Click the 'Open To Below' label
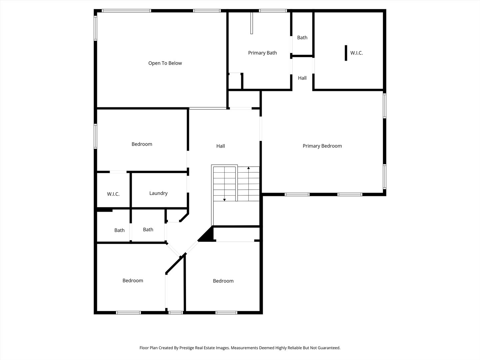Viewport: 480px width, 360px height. pyautogui.click(x=165, y=63)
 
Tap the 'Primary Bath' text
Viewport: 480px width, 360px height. pyautogui.click(x=262, y=53)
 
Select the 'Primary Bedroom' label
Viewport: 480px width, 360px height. pyautogui.click(x=322, y=146)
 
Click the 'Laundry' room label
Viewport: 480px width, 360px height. pyautogui.click(x=158, y=193)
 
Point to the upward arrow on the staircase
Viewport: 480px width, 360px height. pyautogui.click(x=248, y=168)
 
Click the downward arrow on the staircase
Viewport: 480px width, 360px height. pyautogui.click(x=225, y=199)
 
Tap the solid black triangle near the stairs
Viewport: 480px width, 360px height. pyautogui.click(x=207, y=235)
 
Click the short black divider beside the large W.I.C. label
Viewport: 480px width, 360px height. pyautogui.click(x=346, y=53)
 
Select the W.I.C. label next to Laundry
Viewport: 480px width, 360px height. pyautogui.click(x=113, y=194)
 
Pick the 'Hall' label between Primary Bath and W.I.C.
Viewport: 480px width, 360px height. pyautogui.click(x=302, y=78)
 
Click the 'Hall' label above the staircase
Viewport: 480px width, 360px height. pyautogui.click(x=221, y=146)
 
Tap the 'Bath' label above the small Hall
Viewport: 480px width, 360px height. pyautogui.click(x=302, y=38)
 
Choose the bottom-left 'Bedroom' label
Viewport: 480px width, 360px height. pyautogui.click(x=133, y=281)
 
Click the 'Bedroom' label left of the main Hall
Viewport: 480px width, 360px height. pyautogui.click(x=142, y=144)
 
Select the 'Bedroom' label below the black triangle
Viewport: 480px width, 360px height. pyautogui.click(x=223, y=281)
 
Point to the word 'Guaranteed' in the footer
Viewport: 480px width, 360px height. pyautogui.click(x=329, y=348)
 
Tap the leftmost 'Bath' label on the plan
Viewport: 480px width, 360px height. pyautogui.click(x=119, y=230)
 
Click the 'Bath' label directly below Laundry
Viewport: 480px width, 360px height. pyautogui.click(x=148, y=230)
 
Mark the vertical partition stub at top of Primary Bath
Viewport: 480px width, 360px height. pyautogui.click(x=252, y=23)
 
